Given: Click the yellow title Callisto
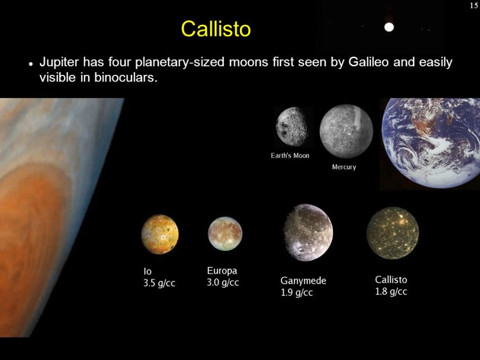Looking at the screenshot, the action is (x=216, y=29).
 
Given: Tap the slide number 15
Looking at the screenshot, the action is (x=474, y=5).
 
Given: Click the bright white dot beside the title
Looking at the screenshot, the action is (x=389, y=27).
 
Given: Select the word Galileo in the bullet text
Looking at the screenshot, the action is (x=369, y=62).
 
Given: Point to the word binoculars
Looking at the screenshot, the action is (x=126, y=77).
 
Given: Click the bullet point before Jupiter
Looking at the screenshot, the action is (x=31, y=64).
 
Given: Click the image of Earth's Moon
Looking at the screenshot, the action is (x=292, y=126).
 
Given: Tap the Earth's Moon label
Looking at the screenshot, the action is (x=290, y=156).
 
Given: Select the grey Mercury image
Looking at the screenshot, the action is (x=346, y=131).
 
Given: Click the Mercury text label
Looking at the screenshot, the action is (x=344, y=167).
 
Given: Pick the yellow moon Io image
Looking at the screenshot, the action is (x=160, y=234).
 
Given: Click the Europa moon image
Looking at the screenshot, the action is (x=225, y=234).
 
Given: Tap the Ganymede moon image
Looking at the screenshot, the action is (x=308, y=232).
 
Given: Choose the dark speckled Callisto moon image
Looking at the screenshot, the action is (x=393, y=233).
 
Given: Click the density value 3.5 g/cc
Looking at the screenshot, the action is (x=159, y=283).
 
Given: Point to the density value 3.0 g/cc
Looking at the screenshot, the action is (x=223, y=282).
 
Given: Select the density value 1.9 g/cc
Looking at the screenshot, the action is (x=297, y=293).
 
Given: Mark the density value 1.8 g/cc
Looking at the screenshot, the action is (x=391, y=291).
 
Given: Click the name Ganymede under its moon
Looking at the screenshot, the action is (x=303, y=281).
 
